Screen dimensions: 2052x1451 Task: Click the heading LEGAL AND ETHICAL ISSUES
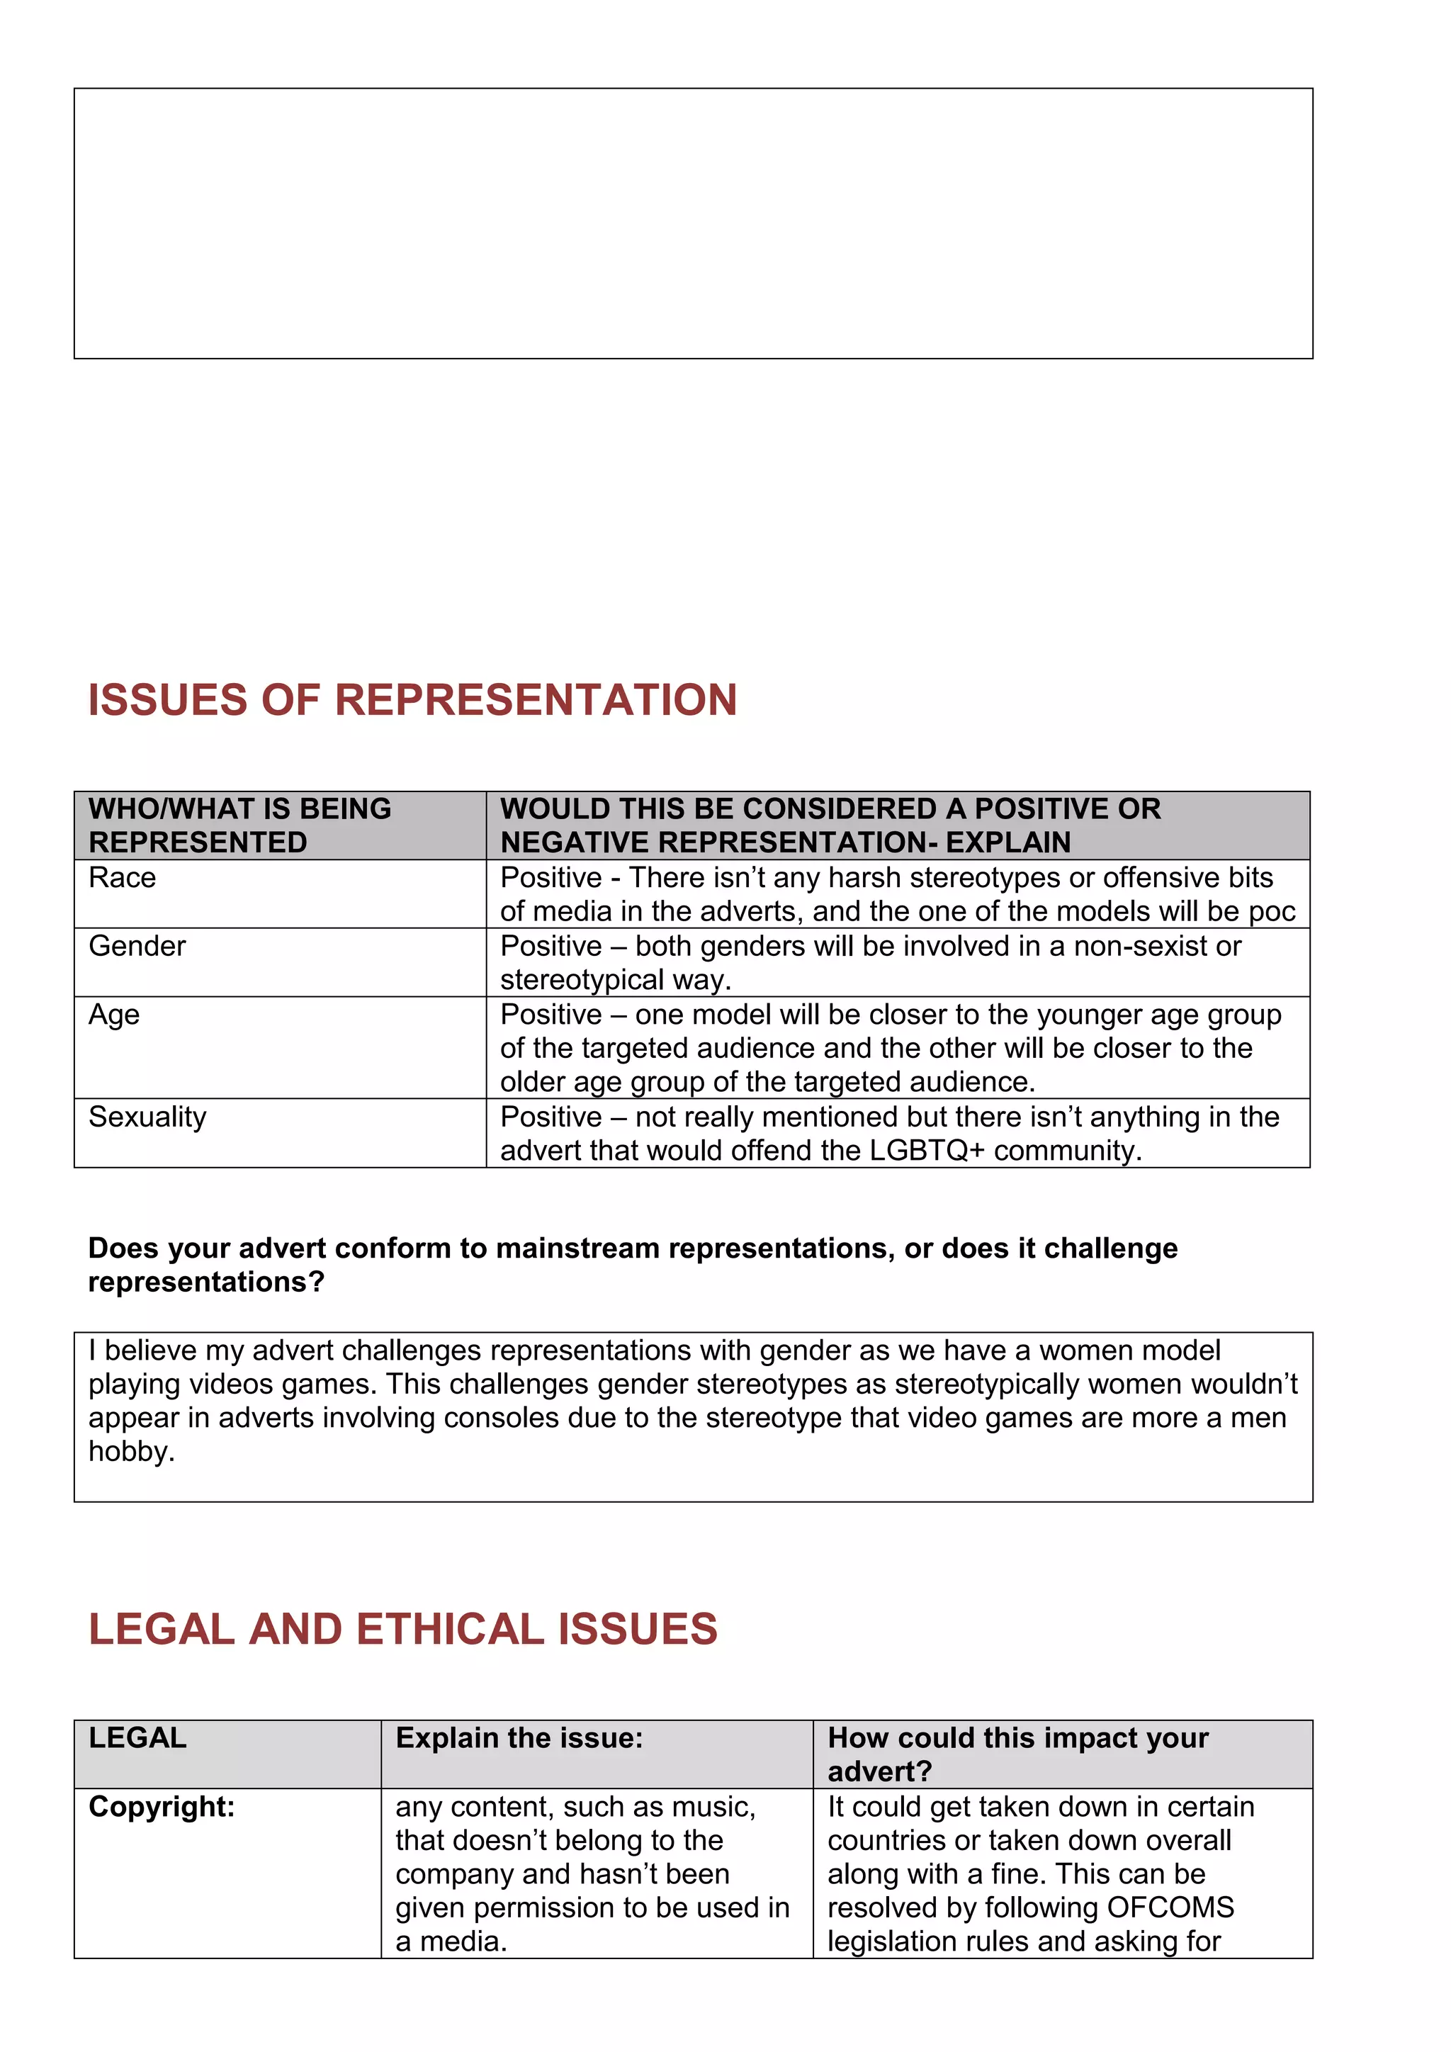pyautogui.click(x=402, y=1628)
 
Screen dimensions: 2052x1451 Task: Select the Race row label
pyautogui.click(x=123, y=878)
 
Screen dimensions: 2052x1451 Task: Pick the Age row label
pyautogui.click(x=113, y=1015)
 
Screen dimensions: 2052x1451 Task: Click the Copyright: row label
pyautogui.click(x=161, y=1806)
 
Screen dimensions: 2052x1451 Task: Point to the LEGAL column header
pyautogui.click(x=137, y=1737)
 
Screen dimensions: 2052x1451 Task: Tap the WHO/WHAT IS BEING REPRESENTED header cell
pyautogui.click(x=239, y=825)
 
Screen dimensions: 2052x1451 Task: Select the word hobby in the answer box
pyautogui.click(x=130, y=1451)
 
